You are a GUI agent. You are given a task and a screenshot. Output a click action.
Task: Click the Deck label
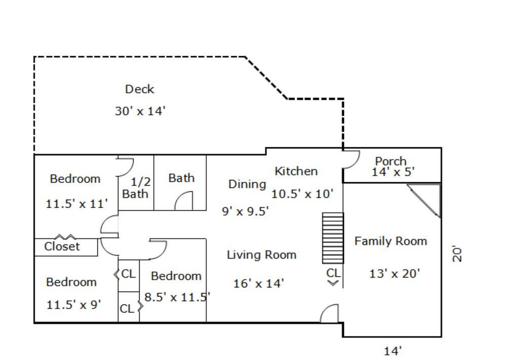(139, 89)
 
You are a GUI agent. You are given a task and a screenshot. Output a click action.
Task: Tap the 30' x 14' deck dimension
(140, 111)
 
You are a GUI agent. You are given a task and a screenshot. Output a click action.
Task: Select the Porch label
(390, 161)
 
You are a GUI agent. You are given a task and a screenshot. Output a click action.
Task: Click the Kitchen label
(296, 171)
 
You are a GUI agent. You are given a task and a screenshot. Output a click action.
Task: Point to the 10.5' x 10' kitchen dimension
(302, 194)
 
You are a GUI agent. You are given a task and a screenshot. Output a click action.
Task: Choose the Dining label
(247, 184)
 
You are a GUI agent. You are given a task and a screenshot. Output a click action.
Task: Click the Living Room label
(261, 255)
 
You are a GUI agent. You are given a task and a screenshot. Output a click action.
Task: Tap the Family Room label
(390, 241)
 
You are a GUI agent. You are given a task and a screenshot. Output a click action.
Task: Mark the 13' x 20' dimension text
(395, 273)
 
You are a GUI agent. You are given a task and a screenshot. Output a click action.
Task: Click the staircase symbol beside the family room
(333, 238)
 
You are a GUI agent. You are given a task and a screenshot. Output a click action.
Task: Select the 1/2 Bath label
(136, 188)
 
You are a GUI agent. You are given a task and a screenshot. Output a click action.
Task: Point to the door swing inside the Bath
(184, 201)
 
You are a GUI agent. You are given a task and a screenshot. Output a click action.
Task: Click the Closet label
(62, 247)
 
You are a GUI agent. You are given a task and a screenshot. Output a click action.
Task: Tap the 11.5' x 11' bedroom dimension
(76, 204)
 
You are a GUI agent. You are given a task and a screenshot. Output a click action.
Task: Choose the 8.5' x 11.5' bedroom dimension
(177, 297)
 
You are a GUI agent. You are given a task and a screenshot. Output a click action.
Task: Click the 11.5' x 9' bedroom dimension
(73, 305)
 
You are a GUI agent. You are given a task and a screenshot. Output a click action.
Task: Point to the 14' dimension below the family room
(393, 350)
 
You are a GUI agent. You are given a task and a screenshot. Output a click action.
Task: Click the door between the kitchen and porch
(351, 159)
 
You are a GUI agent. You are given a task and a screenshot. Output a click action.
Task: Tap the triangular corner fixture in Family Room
(424, 201)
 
